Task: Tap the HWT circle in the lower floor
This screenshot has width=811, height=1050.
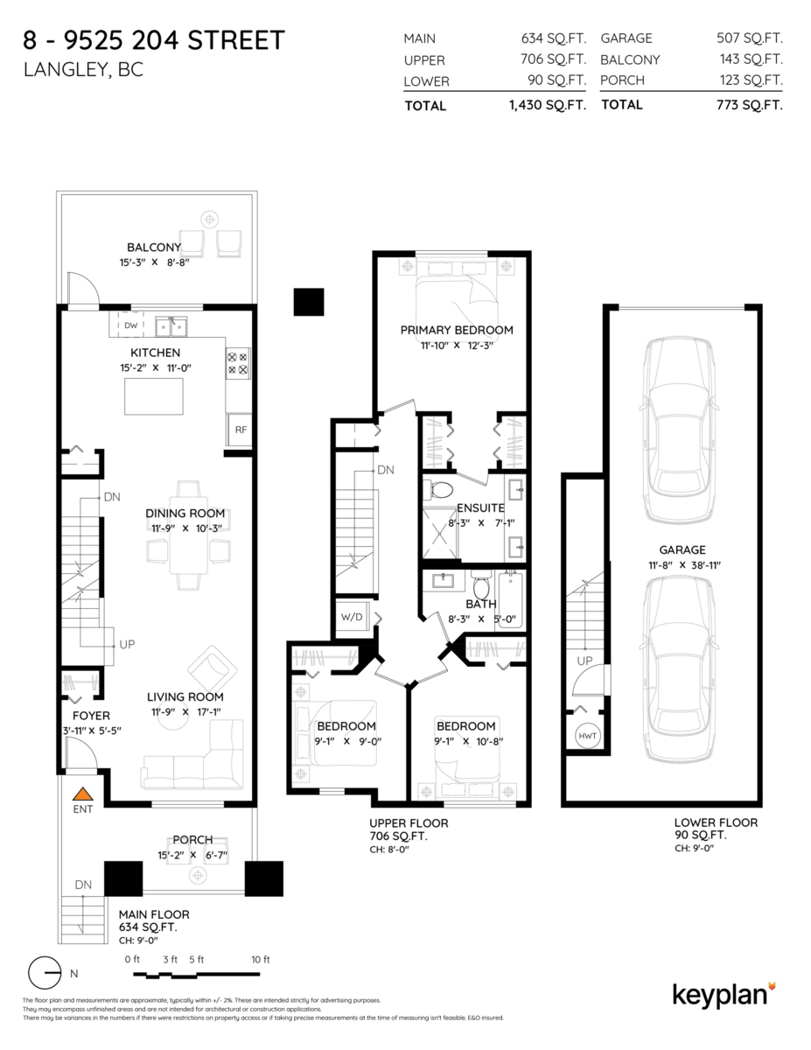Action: (x=587, y=737)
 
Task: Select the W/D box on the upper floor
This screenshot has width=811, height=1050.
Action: (x=352, y=618)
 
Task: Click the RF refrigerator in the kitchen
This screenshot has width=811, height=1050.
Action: (x=239, y=430)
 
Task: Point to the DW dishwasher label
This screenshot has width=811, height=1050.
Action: (x=130, y=325)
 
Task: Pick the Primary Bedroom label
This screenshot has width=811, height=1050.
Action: (x=456, y=330)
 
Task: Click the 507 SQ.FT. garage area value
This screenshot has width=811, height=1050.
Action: (x=749, y=38)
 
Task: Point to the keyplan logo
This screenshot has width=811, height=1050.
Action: (x=723, y=995)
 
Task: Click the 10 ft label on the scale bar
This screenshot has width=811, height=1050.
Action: (x=260, y=959)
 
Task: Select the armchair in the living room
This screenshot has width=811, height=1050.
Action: (x=211, y=670)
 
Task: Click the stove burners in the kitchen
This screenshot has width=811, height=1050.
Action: (x=238, y=363)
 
